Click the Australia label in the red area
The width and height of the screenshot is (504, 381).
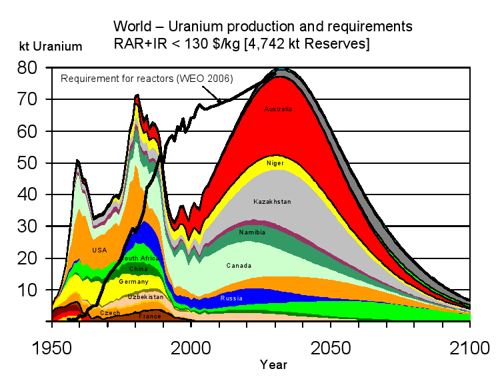click(x=278, y=109)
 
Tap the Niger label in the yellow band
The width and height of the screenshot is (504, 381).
click(x=275, y=163)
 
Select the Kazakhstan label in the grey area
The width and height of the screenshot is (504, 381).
click(x=272, y=201)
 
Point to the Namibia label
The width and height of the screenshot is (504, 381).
click(x=252, y=232)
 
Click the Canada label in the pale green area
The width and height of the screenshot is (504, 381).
click(x=239, y=265)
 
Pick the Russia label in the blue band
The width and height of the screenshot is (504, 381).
click(x=231, y=298)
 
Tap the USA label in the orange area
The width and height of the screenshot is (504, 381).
click(x=99, y=250)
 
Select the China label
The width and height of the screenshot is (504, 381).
click(x=138, y=269)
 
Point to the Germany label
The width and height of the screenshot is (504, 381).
click(x=133, y=282)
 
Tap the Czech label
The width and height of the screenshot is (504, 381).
click(x=110, y=312)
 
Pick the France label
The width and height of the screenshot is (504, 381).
click(x=149, y=316)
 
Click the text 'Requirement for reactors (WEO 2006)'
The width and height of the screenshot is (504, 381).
click(x=147, y=79)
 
